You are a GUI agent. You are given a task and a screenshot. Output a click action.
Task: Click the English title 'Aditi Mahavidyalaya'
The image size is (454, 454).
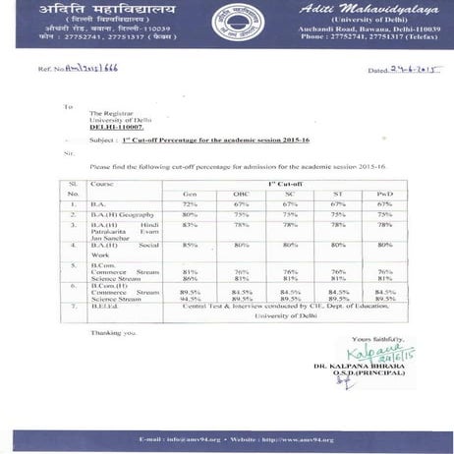click(345, 8)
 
